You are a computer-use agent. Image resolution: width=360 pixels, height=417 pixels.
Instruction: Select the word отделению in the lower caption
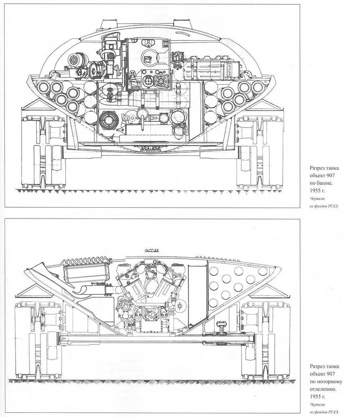[x=324, y=389]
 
